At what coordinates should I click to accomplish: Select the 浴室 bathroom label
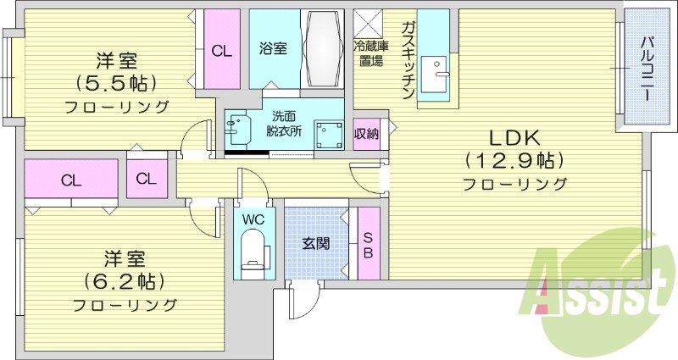[x=273, y=49]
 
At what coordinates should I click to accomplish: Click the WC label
[x=253, y=219]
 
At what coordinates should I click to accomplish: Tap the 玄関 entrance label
[x=316, y=243]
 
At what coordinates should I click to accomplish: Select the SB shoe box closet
[x=369, y=244]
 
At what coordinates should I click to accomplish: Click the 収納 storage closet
[x=366, y=134]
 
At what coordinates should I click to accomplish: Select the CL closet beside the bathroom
[x=221, y=49]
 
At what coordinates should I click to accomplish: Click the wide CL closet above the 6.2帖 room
[x=71, y=180]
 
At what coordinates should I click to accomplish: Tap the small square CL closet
[x=147, y=179]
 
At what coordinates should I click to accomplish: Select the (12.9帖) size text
[x=514, y=159]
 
